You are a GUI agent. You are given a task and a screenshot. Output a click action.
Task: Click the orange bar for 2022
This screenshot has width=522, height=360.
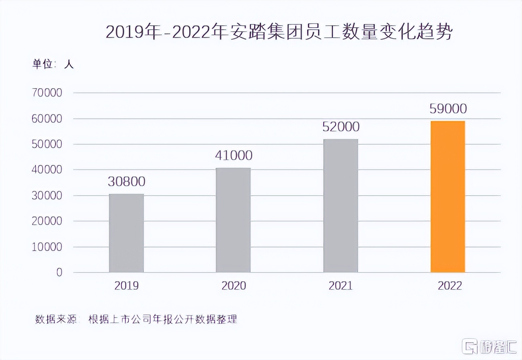pos(447,196)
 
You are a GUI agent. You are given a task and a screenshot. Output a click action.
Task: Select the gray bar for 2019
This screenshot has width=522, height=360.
pos(126,233)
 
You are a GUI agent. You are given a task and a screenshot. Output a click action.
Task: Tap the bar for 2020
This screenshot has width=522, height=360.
pos(233,220)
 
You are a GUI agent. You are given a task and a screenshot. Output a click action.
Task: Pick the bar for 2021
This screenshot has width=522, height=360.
pos(340,206)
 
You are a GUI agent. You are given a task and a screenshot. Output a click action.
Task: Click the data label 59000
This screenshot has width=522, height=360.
pos(447,109)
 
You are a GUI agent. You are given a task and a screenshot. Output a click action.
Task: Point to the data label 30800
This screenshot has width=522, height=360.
pos(126,182)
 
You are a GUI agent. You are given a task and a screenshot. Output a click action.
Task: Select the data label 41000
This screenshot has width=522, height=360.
pos(233,156)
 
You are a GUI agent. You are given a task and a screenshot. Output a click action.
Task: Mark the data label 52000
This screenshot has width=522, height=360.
pos(340,127)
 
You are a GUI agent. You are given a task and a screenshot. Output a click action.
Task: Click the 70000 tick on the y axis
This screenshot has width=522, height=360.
pos(47,93)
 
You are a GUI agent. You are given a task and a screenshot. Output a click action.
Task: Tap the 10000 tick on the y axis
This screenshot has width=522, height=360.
pos(47,247)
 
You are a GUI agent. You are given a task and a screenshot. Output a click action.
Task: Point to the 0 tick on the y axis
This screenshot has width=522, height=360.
pos(59,273)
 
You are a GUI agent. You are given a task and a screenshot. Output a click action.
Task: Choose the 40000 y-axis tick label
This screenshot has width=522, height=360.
pos(47,170)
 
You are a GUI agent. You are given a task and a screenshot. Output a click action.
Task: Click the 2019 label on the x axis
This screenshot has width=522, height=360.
pos(126,285)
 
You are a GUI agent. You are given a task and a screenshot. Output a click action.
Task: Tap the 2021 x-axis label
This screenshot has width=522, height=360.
pos(340,285)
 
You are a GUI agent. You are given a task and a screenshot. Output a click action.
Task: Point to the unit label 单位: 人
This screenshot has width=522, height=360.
pos(53,64)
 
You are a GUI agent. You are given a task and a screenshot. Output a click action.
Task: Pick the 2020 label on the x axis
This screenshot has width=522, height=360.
pos(233,285)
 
